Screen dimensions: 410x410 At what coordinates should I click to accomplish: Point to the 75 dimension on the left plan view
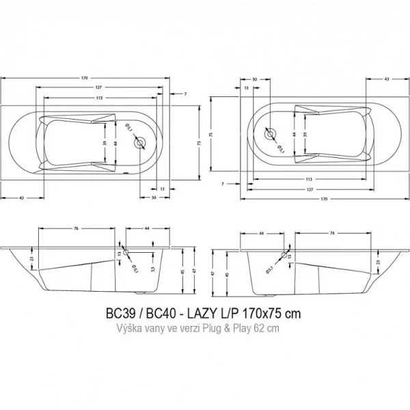pyautogui.click(x=200, y=143)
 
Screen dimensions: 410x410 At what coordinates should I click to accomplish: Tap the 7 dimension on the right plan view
pyautogui.click(x=223, y=184)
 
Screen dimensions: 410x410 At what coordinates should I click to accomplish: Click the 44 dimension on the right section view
pyautogui.click(x=262, y=233)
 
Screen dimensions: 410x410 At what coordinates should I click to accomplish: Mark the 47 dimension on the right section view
pyautogui.click(x=213, y=272)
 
